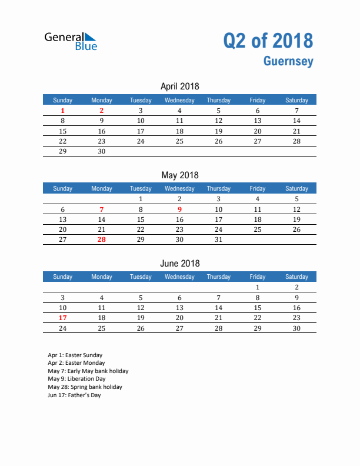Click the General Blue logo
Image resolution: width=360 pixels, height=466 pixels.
click(71, 41)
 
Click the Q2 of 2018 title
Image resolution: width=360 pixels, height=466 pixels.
click(268, 41)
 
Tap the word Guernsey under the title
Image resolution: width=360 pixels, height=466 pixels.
click(288, 61)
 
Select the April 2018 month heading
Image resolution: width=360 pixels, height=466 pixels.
click(179, 86)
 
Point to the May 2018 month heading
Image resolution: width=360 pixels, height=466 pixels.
click(179, 175)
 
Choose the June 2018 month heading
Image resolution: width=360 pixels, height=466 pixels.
click(179, 263)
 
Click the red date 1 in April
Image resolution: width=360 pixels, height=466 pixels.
click(63, 111)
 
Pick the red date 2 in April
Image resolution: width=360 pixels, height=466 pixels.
click(102, 111)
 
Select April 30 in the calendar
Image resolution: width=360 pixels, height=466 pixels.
click(102, 151)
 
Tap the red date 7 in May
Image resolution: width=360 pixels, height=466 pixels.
click(102, 209)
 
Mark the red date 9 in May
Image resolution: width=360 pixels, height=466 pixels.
click(179, 209)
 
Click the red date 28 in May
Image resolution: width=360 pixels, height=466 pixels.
click(102, 239)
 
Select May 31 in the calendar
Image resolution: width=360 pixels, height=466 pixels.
click(218, 239)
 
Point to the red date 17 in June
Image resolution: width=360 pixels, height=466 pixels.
click(63, 318)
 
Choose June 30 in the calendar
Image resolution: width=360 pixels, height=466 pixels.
click(296, 328)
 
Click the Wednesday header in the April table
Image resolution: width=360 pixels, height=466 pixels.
click(179, 100)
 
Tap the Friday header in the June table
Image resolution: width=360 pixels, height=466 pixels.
click(257, 277)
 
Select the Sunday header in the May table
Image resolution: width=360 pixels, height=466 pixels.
click(63, 188)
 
